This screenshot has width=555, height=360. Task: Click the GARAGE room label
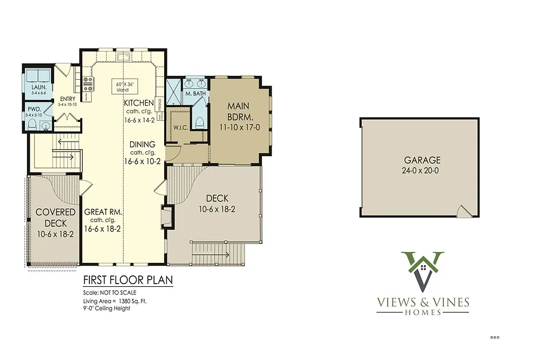(x=422, y=160)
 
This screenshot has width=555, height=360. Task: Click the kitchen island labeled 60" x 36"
(x=125, y=86)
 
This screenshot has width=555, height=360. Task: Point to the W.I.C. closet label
(x=180, y=128)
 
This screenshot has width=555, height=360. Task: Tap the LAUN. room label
(x=38, y=87)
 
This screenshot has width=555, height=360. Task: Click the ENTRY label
(x=68, y=99)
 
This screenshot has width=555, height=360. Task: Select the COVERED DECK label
(x=56, y=218)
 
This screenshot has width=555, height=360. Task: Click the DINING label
(x=142, y=144)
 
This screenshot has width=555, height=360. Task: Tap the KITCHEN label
(x=139, y=103)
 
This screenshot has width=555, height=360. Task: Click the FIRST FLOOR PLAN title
(x=127, y=280)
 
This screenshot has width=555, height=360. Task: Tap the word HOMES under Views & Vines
(x=424, y=312)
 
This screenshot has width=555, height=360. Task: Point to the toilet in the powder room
(x=31, y=126)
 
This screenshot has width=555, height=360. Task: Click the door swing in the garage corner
(x=463, y=212)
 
